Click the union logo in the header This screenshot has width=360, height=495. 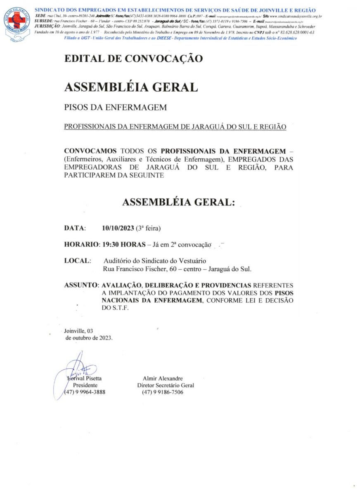tap(17, 24)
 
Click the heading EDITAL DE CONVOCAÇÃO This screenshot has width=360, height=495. tap(133, 59)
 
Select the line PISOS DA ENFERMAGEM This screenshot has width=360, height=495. tap(115, 107)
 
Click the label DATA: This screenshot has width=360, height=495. tap(75, 228)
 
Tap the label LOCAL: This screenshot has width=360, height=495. tap(78, 261)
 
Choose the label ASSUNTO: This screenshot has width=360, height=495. tap(82, 285)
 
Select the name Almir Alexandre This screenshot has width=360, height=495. tap(162, 378)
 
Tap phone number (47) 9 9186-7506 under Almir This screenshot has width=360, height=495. tap(162, 392)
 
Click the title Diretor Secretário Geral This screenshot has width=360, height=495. tap(165, 385)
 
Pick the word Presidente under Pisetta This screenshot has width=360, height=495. tap(85, 385)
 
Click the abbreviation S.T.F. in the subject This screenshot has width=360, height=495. tap(119, 308)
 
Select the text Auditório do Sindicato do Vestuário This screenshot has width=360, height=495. tap(155, 261)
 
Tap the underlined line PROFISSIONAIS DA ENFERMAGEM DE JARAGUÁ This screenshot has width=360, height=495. tap(175, 127)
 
